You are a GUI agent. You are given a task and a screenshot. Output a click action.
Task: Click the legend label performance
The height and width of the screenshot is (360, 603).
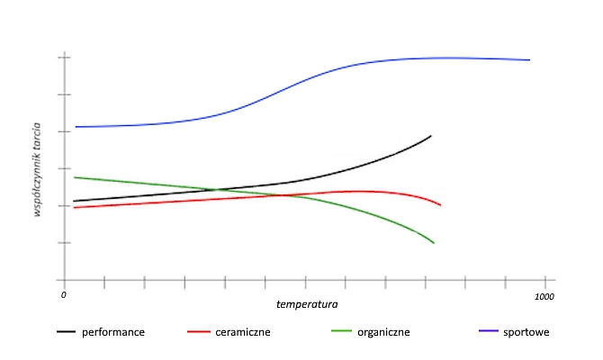coord(113,332)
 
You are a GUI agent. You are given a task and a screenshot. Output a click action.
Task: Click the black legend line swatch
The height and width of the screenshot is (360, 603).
coord(66,332)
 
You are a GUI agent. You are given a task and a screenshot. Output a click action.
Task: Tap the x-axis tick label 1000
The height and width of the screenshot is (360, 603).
coord(544,295)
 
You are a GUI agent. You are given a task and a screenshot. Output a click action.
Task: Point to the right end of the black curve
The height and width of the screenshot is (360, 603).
coord(431,136)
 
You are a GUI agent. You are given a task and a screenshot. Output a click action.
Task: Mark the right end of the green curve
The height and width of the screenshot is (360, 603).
coord(435,243)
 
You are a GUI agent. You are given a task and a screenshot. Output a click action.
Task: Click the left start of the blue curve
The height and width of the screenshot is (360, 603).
coord(76,127)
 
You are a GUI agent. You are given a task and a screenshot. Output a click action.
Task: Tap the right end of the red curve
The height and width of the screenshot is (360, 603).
coord(440,205)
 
